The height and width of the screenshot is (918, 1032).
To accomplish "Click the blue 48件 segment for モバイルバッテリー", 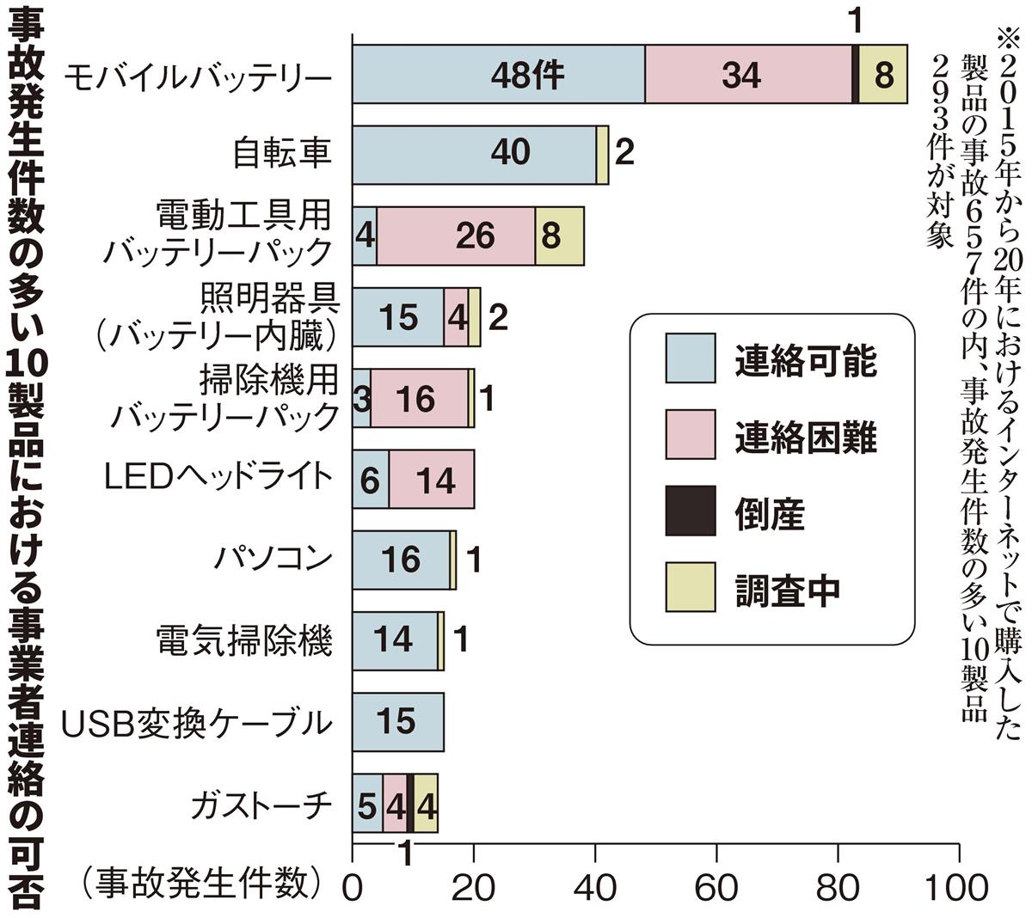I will [499, 74].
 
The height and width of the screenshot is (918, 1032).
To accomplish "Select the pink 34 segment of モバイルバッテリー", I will [747, 74].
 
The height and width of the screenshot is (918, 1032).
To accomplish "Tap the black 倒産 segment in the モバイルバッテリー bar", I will [855, 74].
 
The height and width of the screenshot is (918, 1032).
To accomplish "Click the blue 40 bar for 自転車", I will [474, 154].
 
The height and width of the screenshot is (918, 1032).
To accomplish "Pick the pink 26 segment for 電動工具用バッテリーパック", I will [456, 236].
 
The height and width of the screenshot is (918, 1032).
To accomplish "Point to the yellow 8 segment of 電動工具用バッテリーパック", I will [559, 236].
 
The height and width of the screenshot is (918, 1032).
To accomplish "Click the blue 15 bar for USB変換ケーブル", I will [397, 721].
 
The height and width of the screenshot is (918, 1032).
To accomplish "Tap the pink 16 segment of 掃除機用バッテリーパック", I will [419, 398].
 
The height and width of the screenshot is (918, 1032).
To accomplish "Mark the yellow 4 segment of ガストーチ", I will [426, 803].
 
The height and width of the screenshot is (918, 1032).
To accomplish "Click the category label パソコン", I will [273, 559].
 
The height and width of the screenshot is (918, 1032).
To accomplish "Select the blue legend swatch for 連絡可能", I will [690, 357].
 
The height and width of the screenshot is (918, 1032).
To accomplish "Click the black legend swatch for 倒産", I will [690, 511].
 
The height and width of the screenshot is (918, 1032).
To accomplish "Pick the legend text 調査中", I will [787, 587].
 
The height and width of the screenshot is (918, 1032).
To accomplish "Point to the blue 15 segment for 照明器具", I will [397, 316].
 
